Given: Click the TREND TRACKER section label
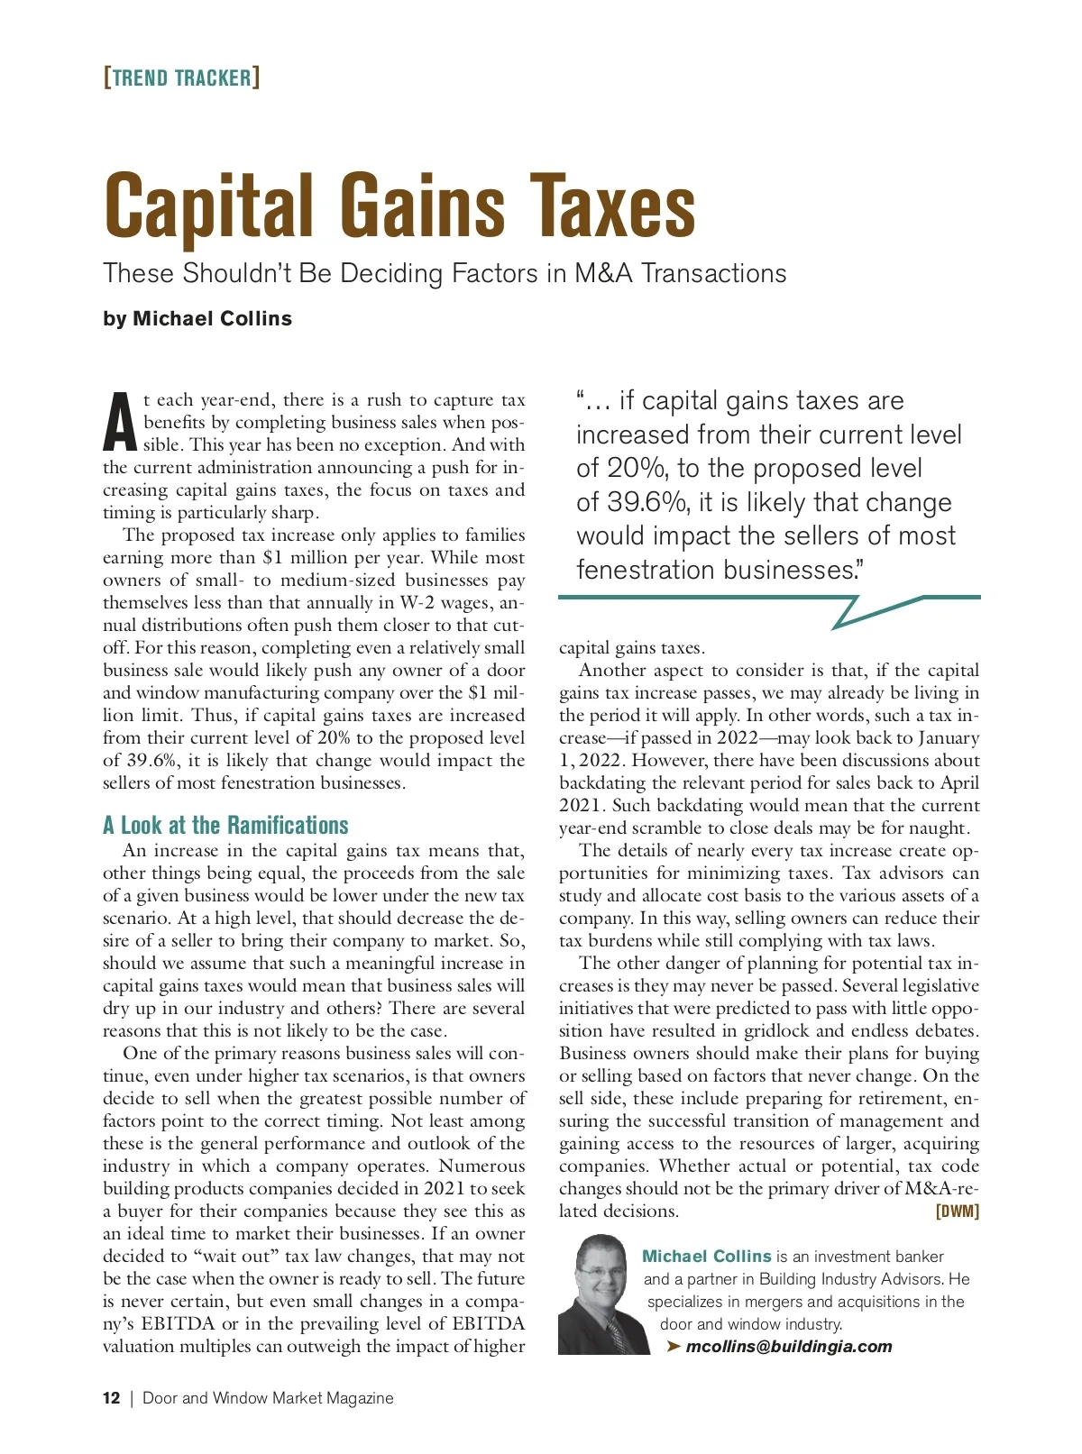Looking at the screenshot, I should point(181,78).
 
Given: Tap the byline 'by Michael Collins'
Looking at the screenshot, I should point(197,319).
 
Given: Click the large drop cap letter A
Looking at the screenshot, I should point(120,422).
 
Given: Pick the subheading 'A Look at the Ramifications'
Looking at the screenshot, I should point(225,826).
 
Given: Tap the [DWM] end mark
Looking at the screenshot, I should point(957,1212).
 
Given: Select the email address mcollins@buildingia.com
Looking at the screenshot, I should point(788,1347).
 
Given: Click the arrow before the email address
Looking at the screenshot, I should point(673,1347).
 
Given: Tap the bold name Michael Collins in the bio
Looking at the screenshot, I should point(707,1257).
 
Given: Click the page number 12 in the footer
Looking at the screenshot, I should point(111,1398).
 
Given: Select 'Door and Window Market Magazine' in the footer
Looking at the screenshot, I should point(268,1398).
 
